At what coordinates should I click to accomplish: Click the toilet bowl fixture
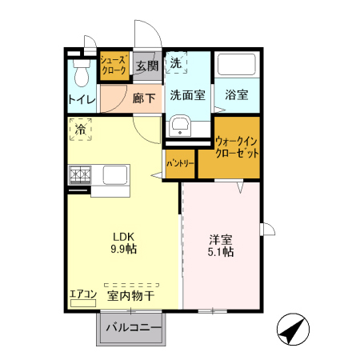click(80, 74)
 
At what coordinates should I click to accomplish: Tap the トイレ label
click(82, 100)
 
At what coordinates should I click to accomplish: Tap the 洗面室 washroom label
click(187, 94)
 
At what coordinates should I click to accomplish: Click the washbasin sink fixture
click(179, 125)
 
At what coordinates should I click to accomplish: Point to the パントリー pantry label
click(180, 162)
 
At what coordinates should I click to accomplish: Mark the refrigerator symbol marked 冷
click(81, 128)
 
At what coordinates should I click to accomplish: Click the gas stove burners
click(80, 174)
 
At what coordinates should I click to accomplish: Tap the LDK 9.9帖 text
click(123, 242)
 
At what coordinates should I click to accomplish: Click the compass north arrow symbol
click(294, 328)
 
